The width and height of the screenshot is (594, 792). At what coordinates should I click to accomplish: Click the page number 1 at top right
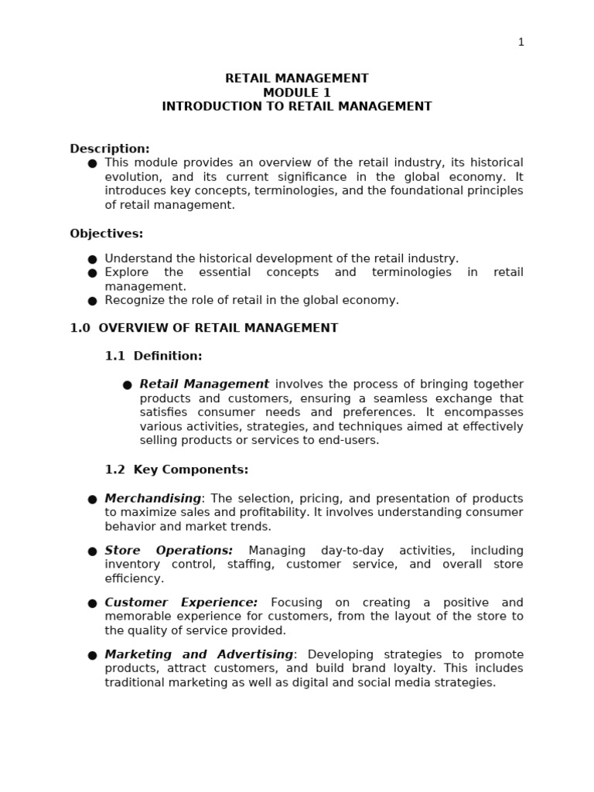[x=521, y=43]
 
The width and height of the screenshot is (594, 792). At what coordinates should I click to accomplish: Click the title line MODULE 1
[x=296, y=93]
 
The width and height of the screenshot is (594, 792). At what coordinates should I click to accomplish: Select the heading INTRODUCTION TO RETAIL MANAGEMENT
[x=296, y=107]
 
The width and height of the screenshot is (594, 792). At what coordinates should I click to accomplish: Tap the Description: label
[x=110, y=148]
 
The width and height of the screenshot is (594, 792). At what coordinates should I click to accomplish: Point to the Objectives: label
[x=107, y=234]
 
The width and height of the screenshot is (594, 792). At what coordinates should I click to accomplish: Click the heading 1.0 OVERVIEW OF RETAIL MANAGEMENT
[x=204, y=328]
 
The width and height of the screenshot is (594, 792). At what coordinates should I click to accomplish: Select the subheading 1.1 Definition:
[x=153, y=356]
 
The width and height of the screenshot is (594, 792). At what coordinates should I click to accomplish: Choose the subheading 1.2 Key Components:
[x=176, y=469]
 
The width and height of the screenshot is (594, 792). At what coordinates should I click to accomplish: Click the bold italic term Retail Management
[x=204, y=384]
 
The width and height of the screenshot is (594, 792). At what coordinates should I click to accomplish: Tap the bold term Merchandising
[x=152, y=499]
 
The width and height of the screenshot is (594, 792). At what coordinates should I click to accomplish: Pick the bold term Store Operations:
[x=169, y=551]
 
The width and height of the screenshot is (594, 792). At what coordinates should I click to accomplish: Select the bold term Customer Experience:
[x=181, y=603]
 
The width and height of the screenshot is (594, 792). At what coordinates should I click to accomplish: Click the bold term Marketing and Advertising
[x=199, y=654]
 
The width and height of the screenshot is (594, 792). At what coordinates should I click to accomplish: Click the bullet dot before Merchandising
[x=92, y=500]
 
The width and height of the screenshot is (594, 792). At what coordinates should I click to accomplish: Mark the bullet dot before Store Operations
[x=92, y=551]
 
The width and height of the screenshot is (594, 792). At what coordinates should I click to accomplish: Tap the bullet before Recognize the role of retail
[x=92, y=301]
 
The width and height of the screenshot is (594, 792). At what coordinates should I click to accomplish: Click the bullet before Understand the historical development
[x=92, y=259]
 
